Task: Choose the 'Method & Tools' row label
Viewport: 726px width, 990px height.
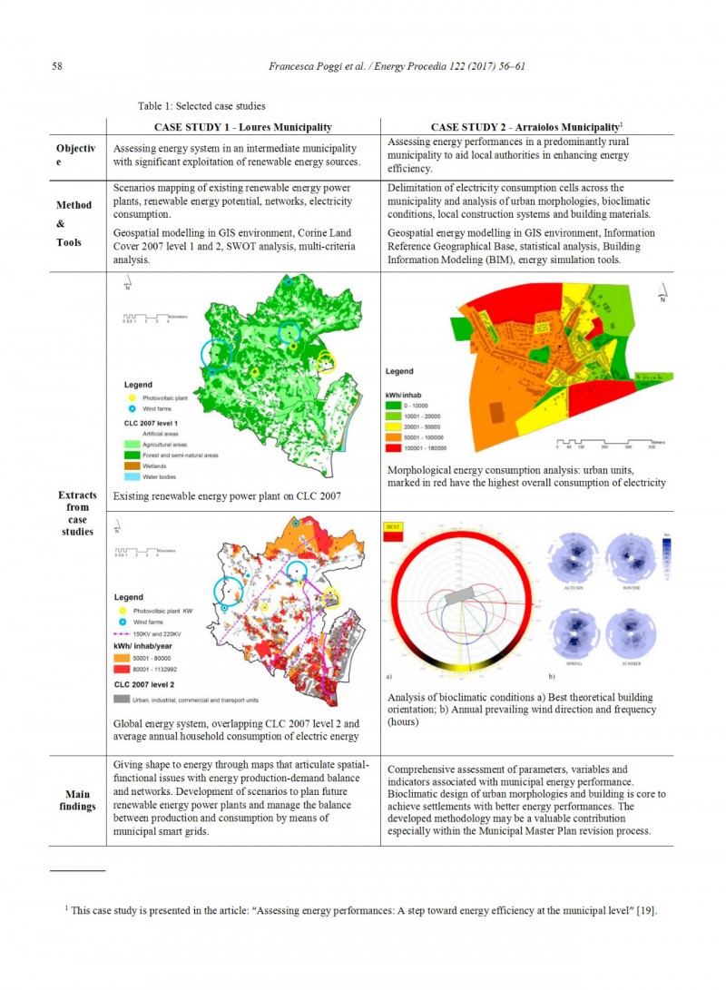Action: [74, 223]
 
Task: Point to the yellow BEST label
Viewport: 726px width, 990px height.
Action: [395, 525]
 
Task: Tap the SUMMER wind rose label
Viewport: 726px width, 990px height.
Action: [632, 663]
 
